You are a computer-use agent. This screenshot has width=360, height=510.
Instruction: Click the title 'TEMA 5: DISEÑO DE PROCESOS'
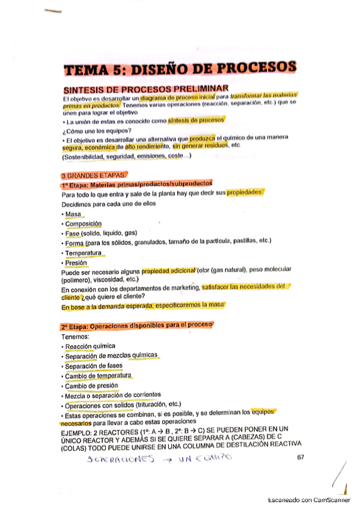[180, 69]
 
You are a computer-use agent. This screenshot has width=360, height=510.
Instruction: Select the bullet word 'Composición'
[84, 224]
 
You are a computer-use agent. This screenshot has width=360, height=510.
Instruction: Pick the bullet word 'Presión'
[76, 263]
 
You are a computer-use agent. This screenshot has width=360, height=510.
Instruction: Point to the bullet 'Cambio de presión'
[91, 386]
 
